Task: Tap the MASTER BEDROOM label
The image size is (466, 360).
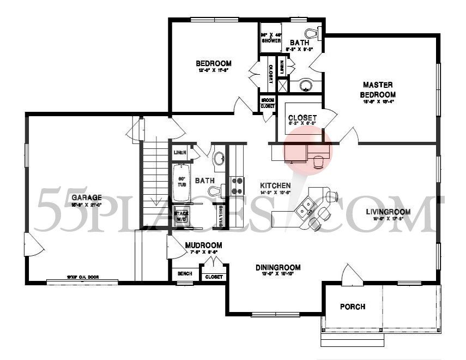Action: (x=378, y=89)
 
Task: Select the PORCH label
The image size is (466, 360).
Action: (x=352, y=307)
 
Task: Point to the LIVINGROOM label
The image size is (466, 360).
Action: (x=388, y=212)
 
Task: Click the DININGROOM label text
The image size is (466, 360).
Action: (x=278, y=267)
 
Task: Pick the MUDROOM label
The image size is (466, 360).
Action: (x=203, y=245)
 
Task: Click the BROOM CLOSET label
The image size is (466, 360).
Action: (x=267, y=103)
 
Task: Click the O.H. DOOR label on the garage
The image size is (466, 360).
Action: (x=72, y=277)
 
